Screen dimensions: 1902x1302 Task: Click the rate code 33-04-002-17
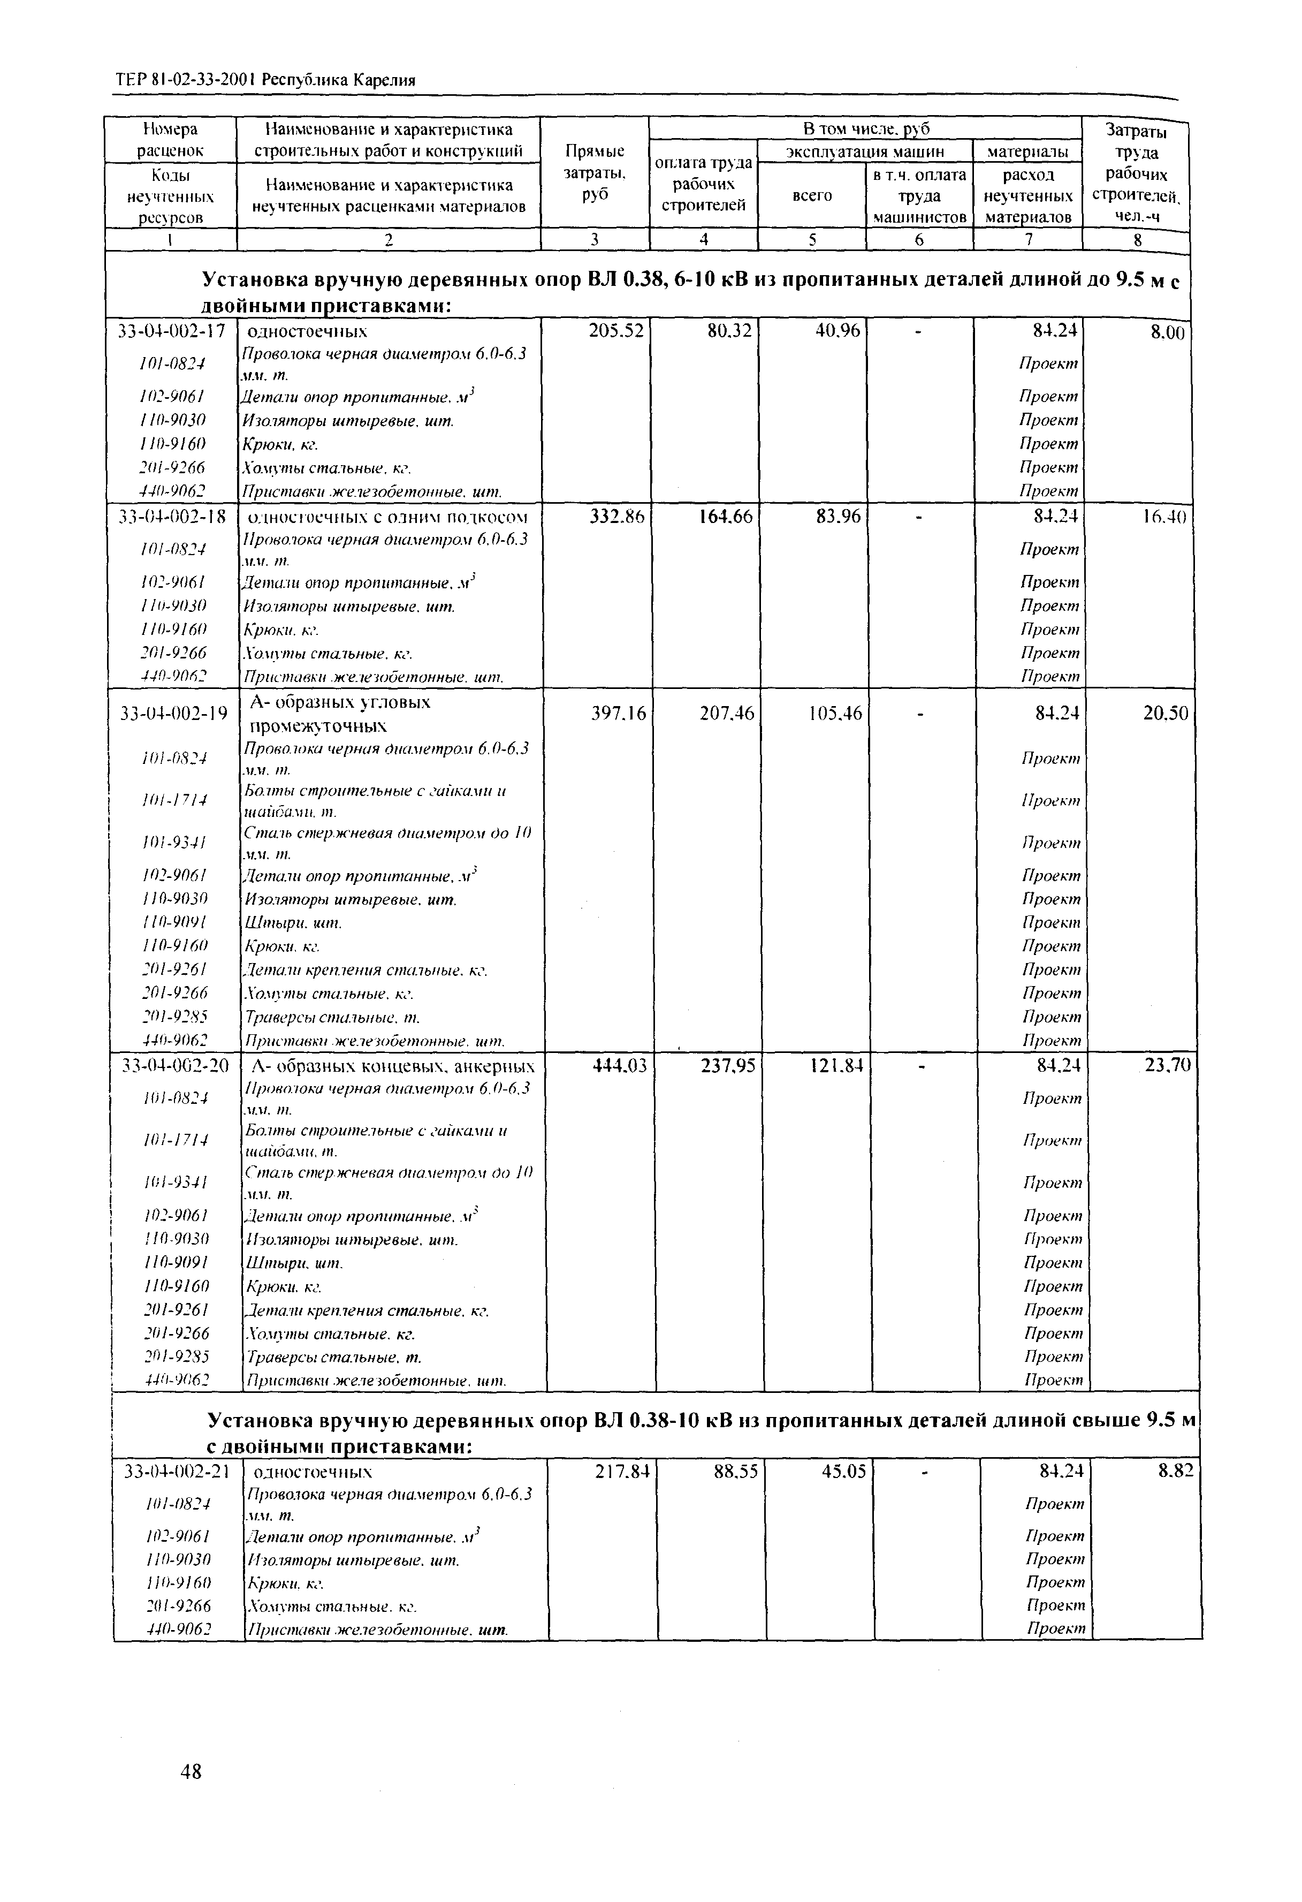[172, 331]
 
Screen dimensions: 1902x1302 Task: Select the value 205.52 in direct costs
[615, 331]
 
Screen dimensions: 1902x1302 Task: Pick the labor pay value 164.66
[725, 517]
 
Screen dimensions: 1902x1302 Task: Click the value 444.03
[620, 1066]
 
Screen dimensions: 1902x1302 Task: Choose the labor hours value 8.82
[1175, 1471]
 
